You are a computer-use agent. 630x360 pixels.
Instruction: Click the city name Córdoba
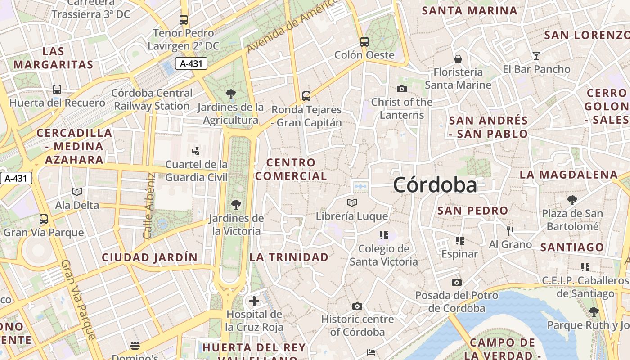435,185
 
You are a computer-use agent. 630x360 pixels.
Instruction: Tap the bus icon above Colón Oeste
364,42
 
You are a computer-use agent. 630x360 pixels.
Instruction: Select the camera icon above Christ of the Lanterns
402,89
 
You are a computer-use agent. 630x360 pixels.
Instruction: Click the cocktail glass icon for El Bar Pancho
536,56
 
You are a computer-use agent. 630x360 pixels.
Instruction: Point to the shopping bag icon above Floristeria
458,59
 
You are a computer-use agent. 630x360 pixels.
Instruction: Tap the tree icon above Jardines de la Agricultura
231,94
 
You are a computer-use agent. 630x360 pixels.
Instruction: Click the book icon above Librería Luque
352,203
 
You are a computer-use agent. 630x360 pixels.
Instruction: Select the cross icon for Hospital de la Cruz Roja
254,301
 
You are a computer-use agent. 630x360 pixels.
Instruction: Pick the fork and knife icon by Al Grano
510,231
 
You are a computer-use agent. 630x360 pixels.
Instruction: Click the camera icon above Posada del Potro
457,282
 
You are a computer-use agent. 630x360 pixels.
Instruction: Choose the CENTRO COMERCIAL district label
291,169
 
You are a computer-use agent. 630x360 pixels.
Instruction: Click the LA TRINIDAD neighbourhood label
289,257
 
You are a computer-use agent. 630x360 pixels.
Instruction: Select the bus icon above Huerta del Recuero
57,90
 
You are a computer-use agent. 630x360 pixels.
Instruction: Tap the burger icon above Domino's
135,346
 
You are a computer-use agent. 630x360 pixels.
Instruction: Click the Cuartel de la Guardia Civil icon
196,151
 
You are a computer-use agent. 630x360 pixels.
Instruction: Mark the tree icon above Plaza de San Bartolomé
572,200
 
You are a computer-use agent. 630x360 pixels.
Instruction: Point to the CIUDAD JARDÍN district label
149,257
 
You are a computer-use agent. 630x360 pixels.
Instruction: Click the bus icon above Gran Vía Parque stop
44,219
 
